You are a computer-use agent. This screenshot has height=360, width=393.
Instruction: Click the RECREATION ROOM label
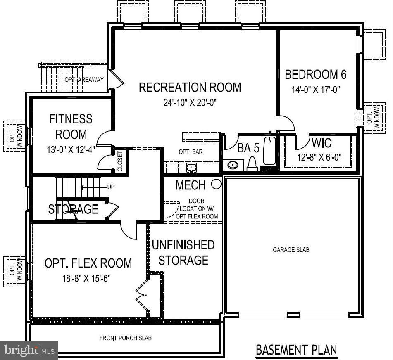190,88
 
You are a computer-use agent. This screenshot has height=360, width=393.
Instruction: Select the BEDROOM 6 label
315,75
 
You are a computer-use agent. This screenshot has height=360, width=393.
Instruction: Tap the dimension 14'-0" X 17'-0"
315,90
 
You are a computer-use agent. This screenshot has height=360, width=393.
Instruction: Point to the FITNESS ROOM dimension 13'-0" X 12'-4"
71,149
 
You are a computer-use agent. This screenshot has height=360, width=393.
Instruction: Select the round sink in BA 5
233,165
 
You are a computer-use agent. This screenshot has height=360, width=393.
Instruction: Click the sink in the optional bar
191,168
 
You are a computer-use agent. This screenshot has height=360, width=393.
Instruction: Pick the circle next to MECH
216,184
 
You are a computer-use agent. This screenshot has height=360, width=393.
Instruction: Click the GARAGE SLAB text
291,250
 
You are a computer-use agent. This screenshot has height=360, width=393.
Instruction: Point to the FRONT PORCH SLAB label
125,338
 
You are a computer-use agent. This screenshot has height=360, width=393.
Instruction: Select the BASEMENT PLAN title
296,350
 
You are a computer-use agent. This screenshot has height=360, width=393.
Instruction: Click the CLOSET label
120,161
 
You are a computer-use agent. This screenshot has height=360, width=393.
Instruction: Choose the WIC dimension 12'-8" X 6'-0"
319,157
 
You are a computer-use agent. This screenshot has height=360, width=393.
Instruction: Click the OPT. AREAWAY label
84,80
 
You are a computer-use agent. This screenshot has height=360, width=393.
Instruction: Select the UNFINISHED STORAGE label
183,253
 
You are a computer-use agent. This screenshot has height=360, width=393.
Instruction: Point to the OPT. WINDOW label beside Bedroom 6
373,116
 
